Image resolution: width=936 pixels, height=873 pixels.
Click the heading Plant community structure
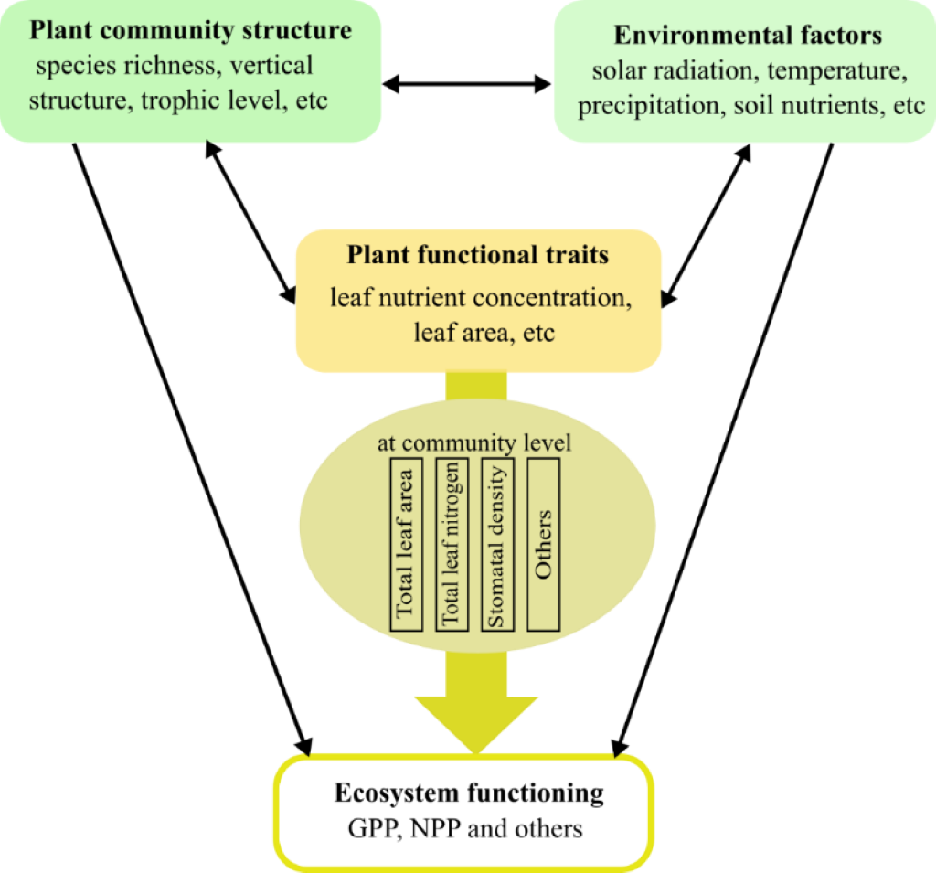(190, 30)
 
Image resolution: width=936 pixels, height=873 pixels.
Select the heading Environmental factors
(747, 36)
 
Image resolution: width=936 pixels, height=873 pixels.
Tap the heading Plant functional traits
(477, 254)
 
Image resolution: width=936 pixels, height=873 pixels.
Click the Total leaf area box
(406, 544)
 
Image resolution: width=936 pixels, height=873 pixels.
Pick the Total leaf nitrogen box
(451, 544)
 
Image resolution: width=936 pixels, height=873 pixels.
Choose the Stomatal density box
(497, 544)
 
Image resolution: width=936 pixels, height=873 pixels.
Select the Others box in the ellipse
(544, 544)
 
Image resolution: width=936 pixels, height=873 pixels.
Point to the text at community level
(473, 443)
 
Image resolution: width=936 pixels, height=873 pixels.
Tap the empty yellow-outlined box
(463, 812)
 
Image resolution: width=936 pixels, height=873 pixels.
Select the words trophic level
(211, 101)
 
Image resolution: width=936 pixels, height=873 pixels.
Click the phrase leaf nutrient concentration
(481, 297)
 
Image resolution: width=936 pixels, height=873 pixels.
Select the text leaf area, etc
(484, 333)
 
